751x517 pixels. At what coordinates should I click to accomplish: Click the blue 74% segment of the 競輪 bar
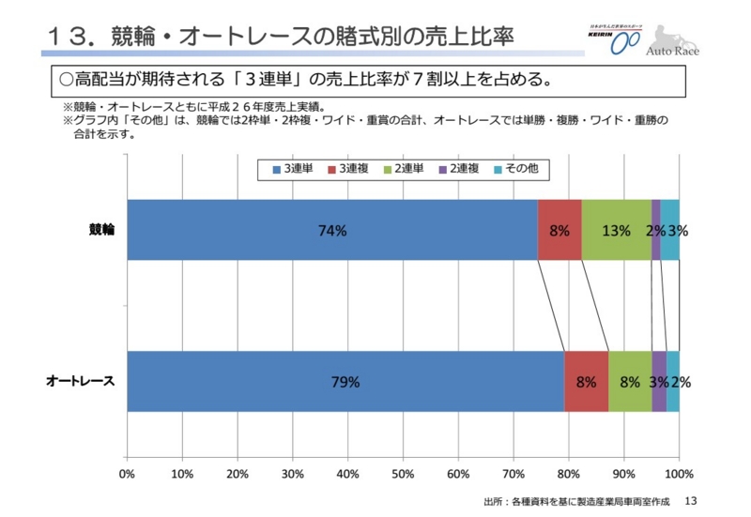[332, 230]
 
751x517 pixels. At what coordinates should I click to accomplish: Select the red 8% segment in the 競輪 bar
[559, 230]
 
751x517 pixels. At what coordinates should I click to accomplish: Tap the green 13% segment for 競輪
[616, 230]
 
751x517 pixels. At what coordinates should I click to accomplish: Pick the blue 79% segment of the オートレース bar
[345, 381]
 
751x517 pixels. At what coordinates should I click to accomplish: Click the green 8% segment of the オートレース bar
[630, 381]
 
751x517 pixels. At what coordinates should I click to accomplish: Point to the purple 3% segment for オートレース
[659, 381]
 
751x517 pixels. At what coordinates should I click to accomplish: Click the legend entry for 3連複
[348, 168]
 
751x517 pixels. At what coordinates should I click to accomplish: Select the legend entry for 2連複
[460, 168]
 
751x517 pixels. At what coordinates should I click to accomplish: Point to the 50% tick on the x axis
[403, 473]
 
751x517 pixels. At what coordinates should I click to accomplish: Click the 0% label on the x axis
[128, 473]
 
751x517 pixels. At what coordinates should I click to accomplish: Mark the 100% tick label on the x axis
[679, 473]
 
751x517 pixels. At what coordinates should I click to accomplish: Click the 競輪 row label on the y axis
[101, 230]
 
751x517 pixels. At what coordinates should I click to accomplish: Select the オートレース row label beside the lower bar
[81, 381]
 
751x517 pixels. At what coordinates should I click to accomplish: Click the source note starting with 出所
[577, 502]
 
